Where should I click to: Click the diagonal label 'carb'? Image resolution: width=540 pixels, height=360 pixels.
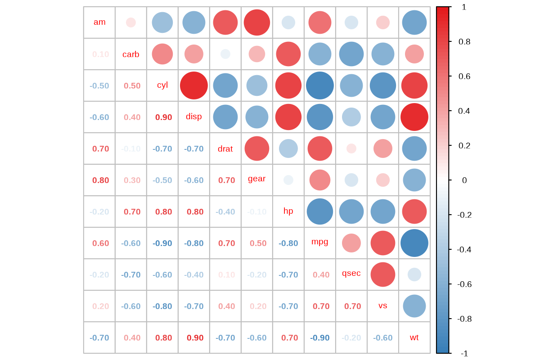131,54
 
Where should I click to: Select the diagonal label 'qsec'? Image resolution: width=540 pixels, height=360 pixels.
351,273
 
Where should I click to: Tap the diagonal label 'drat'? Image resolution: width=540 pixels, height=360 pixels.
225,149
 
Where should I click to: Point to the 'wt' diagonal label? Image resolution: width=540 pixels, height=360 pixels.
414,337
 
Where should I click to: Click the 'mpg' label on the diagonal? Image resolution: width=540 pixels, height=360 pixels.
320,242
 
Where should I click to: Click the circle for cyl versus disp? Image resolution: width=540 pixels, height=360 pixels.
194,85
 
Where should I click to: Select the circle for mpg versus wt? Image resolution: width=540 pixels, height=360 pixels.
414,243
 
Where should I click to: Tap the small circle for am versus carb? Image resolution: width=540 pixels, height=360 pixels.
131,22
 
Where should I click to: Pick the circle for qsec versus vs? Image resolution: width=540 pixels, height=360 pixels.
383,274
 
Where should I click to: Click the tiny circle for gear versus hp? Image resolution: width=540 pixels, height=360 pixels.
288,180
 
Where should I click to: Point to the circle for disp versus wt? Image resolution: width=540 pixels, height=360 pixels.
414,117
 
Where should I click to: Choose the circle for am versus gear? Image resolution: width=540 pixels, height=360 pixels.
257,22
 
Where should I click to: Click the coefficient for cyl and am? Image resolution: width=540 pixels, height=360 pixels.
99,86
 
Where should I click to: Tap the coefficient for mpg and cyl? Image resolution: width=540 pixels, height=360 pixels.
162,243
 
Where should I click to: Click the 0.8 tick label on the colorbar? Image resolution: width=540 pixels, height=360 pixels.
464,42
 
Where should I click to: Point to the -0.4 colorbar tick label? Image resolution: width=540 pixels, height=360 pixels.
464,250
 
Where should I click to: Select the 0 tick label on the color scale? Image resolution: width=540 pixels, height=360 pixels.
464,180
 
